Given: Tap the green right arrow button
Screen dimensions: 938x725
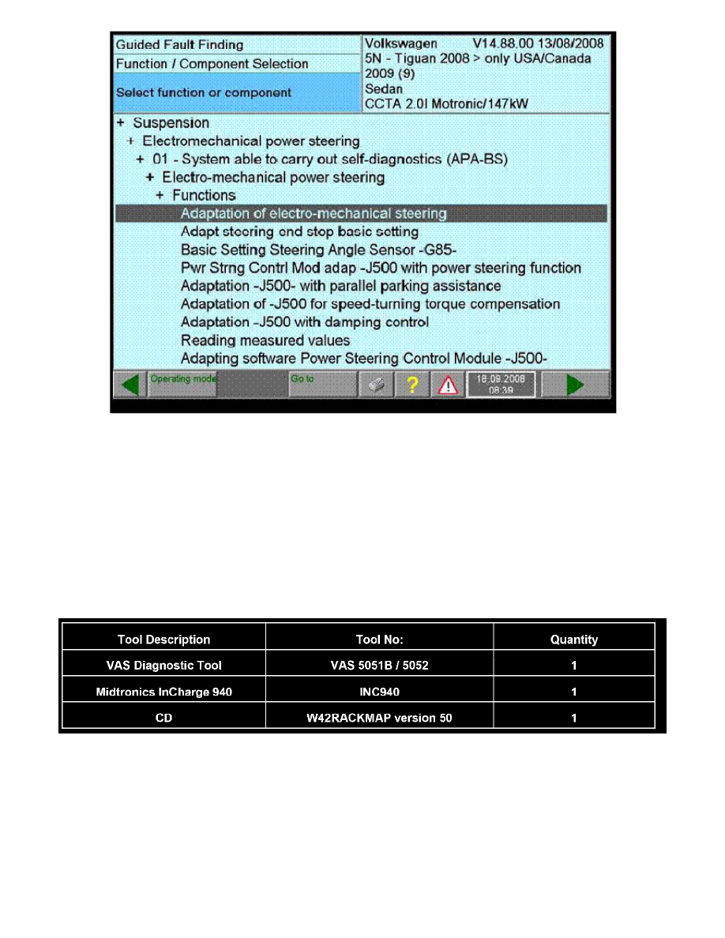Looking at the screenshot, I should point(575,385).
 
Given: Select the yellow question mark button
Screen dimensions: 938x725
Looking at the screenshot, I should point(411,385).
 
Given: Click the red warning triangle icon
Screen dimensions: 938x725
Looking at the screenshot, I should point(448,385).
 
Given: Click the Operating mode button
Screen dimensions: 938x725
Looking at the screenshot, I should point(182,385).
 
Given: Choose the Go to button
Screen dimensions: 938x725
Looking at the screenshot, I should point(322,385).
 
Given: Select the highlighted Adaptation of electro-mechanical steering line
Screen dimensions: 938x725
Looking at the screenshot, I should point(314,213).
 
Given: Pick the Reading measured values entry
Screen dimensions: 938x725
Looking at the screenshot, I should point(265,340).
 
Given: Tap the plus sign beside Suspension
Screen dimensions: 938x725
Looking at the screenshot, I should point(121,123).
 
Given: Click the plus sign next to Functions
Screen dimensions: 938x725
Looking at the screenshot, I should point(160,195).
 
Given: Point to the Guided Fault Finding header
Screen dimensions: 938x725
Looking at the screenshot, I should point(180,45).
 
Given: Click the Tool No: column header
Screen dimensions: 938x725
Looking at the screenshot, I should point(379,640).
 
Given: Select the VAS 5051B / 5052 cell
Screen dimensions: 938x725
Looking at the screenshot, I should point(379,665).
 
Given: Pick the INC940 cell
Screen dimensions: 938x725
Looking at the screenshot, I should point(379,692).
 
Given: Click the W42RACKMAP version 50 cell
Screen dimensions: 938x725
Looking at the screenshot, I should point(379,718).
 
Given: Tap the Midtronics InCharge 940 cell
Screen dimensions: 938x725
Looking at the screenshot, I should point(163,692).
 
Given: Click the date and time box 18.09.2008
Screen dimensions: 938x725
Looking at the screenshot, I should point(501,385).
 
